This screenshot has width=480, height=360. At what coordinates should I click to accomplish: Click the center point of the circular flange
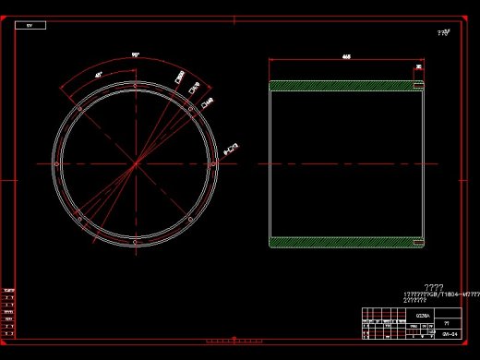click(135, 164)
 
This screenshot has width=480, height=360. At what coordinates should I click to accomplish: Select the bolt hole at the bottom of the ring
click(135, 242)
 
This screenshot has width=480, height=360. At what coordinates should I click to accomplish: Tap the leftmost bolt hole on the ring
click(57, 164)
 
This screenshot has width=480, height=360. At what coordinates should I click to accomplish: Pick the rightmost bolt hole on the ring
click(212, 164)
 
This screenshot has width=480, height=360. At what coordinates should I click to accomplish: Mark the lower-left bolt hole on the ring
click(79, 219)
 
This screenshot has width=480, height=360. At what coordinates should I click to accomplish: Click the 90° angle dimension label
click(135, 56)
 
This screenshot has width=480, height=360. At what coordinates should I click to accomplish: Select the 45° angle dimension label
click(99, 74)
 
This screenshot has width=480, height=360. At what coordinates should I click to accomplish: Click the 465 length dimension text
click(346, 56)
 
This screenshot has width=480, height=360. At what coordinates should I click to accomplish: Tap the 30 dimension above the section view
click(419, 67)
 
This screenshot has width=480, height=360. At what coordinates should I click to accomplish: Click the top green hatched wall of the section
click(346, 86)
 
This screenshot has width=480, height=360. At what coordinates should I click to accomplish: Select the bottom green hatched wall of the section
click(346, 243)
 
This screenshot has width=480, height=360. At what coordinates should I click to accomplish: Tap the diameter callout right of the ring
click(232, 149)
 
